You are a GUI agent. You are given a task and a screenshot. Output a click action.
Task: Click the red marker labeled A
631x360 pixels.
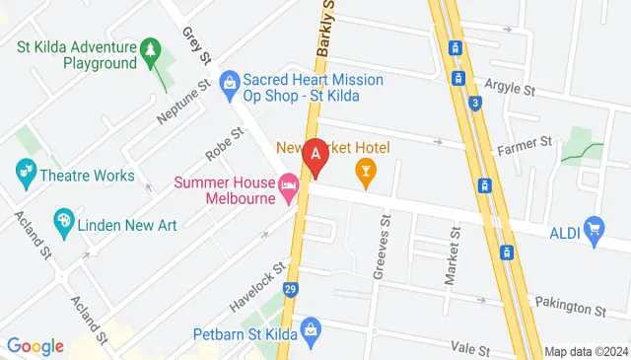315,156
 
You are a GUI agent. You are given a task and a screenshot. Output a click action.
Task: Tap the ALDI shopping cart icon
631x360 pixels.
594,231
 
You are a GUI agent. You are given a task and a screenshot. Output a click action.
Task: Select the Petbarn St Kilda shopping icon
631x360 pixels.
310,327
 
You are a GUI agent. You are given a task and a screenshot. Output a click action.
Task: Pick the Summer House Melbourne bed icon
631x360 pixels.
289,185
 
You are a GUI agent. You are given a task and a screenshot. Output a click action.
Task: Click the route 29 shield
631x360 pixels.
290,290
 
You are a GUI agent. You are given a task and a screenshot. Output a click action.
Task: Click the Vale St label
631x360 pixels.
470,349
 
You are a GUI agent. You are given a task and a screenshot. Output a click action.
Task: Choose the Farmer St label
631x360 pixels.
524,145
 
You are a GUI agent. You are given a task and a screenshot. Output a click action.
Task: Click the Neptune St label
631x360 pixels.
183,102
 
